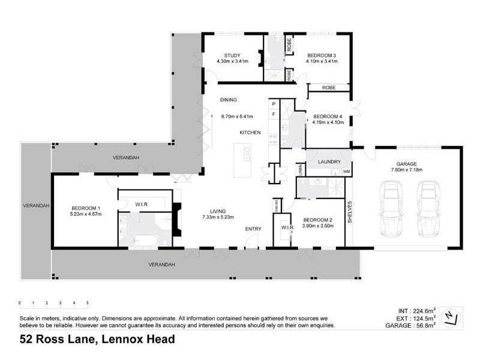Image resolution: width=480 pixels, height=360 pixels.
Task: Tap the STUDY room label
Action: coord(228,56)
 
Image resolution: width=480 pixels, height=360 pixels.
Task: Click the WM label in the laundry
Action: coord(346,172)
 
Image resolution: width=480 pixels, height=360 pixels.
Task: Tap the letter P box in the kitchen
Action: coord(274,104)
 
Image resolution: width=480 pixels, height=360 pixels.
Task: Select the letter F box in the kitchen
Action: coord(274,113)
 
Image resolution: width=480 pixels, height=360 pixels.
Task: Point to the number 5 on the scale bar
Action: coord(88,303)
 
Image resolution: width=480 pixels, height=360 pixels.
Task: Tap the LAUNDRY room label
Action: coord(329,162)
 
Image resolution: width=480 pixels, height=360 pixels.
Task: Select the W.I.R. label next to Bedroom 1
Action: coord(142,205)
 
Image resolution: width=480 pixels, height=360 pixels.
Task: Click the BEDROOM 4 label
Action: coord(328,116)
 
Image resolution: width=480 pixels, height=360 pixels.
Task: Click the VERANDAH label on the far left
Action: coord(35,205)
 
